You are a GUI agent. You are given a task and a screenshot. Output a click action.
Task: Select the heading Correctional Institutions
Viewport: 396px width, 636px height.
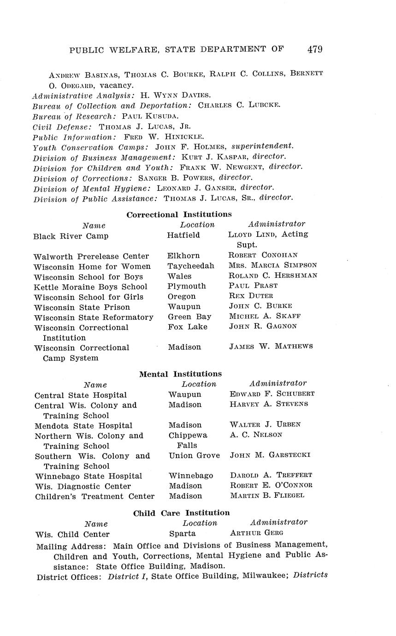(179, 214)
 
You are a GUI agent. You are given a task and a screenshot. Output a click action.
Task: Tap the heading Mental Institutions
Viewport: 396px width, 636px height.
(180, 374)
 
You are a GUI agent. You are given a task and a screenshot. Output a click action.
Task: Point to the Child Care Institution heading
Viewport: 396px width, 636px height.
(181, 512)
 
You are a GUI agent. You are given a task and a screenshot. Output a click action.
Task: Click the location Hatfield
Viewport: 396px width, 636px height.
(183, 235)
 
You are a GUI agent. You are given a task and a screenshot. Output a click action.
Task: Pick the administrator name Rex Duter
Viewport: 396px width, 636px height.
(251, 296)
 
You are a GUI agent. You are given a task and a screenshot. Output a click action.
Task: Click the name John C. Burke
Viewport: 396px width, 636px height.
(260, 306)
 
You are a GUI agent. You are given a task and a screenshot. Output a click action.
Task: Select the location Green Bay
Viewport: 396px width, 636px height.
(189, 317)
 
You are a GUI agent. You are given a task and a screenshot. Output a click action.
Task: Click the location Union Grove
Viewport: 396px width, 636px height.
(194, 455)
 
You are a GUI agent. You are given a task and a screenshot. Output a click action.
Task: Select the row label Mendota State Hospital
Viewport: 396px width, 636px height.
(83, 425)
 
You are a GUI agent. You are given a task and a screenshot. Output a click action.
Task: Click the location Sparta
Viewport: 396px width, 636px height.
(183, 533)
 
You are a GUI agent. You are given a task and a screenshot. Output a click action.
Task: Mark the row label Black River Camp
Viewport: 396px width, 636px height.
(71, 236)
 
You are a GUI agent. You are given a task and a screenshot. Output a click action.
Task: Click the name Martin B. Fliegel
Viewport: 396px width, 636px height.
(267, 496)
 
